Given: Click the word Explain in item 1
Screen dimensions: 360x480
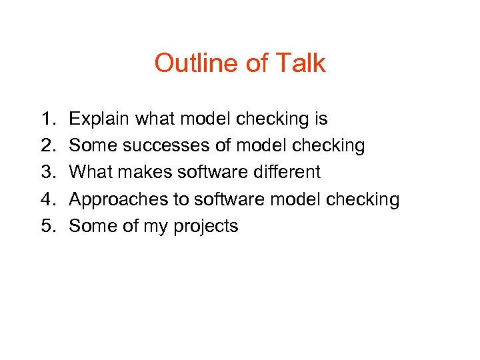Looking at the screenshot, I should point(99,119).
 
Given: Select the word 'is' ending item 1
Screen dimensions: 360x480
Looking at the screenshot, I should point(320,119).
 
